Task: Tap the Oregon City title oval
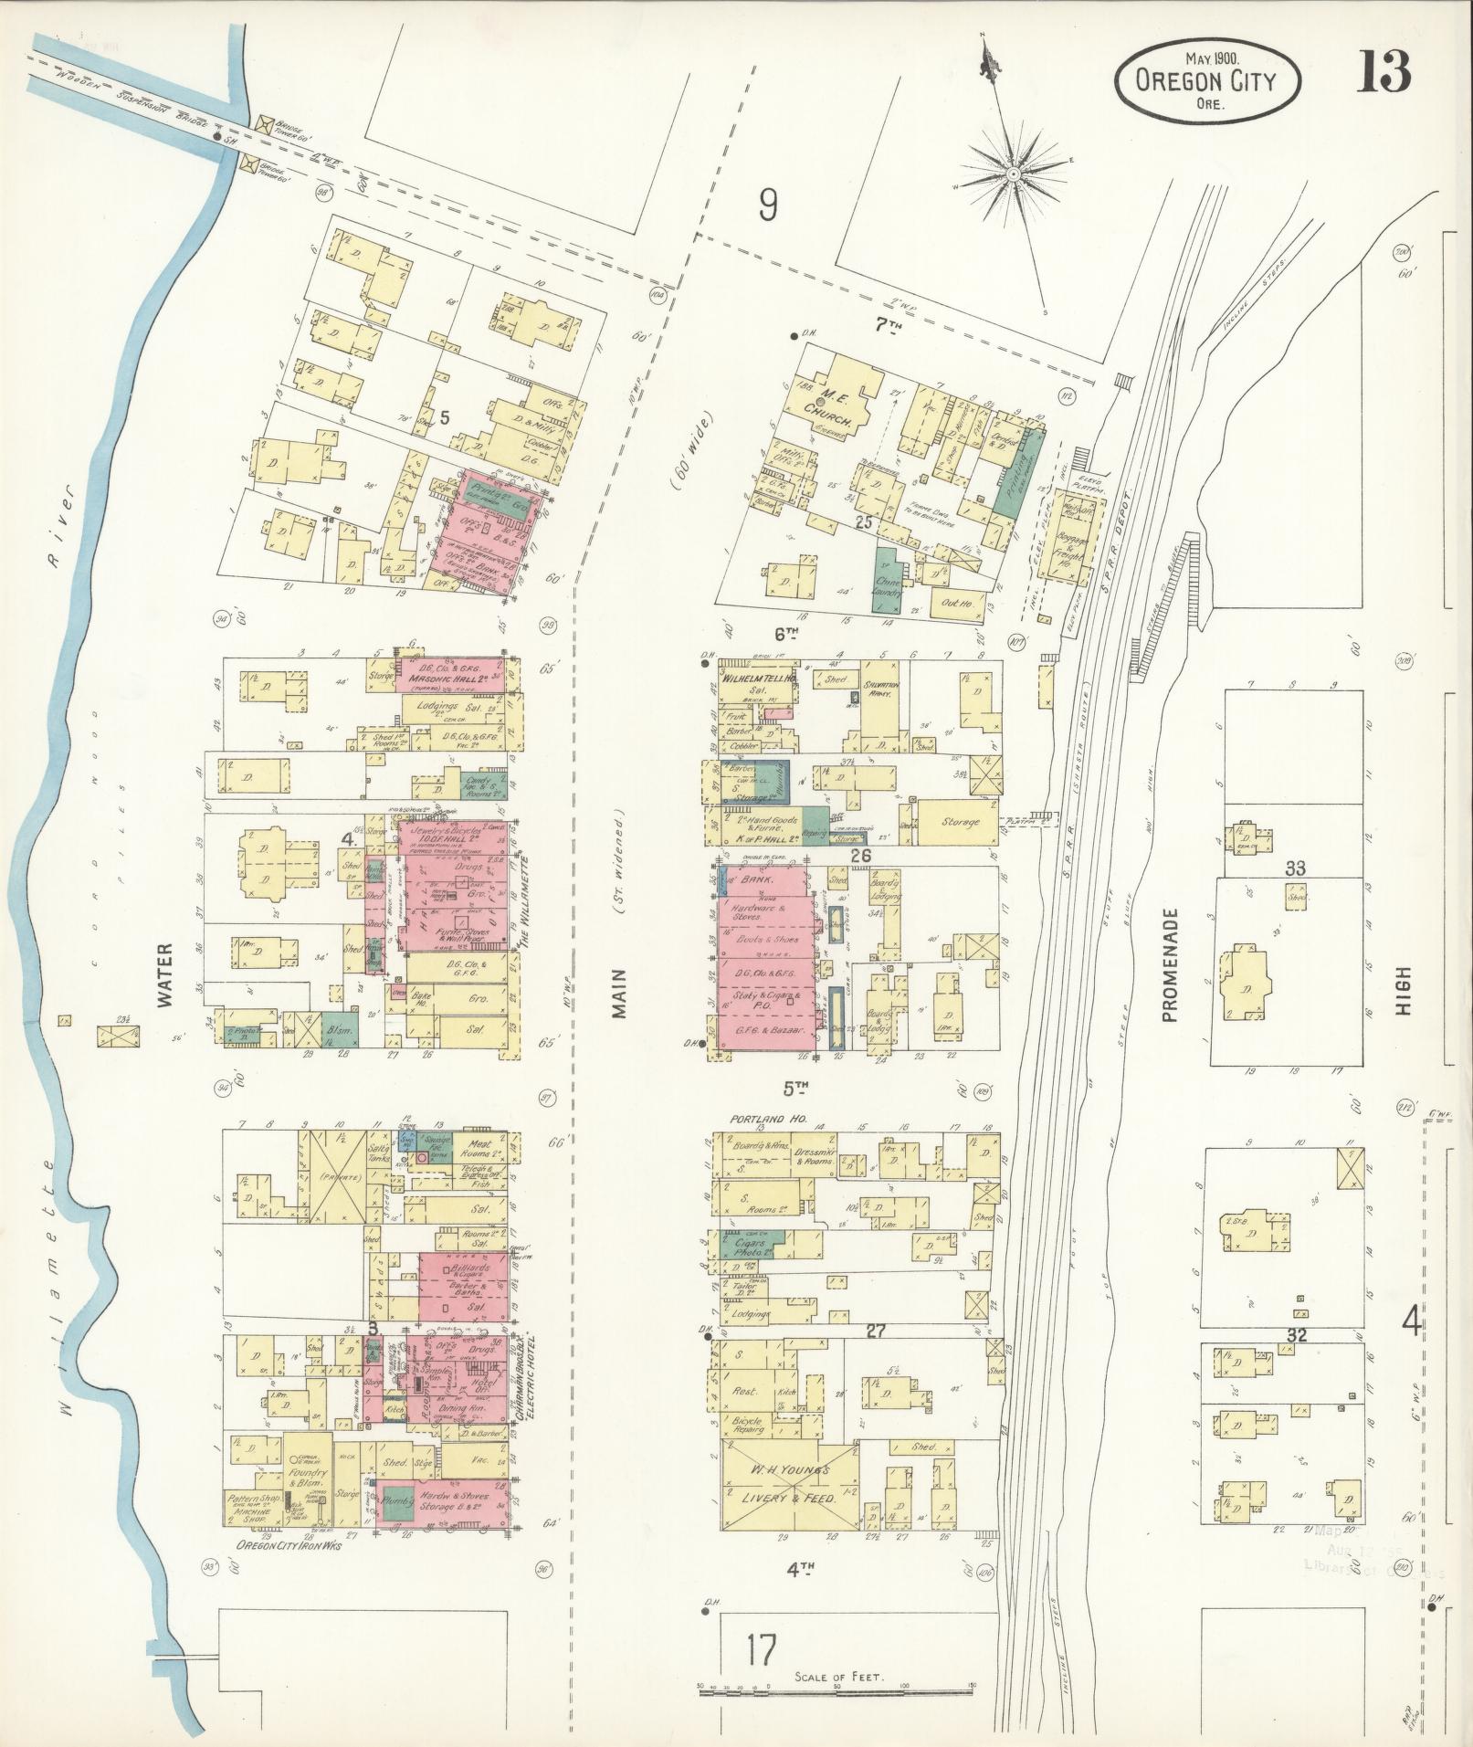pyautogui.click(x=1205, y=82)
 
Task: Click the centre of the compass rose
pyautogui.click(x=1014, y=173)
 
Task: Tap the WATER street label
pyautogui.click(x=165, y=982)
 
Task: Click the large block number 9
pyautogui.click(x=767, y=206)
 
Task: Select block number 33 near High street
pyautogui.click(x=1295, y=868)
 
